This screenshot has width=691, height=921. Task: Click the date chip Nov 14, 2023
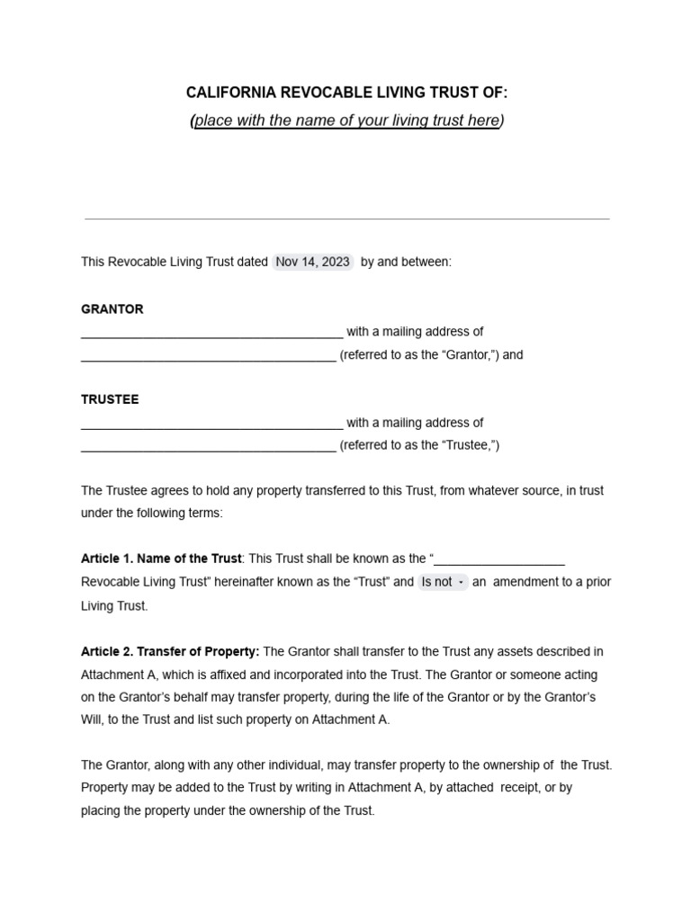click(312, 263)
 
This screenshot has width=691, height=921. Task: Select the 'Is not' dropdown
click(443, 582)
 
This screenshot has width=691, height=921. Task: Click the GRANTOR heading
click(112, 308)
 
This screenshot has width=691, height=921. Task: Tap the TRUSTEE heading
click(110, 399)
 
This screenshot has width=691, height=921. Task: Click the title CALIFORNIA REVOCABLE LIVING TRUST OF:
click(346, 93)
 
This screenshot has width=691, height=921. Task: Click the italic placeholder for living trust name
click(346, 121)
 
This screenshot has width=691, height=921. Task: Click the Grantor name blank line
click(211, 333)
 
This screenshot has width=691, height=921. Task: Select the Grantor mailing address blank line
click(208, 356)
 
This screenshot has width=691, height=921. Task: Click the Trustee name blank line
click(211, 424)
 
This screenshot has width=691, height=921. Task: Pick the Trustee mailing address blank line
click(208, 447)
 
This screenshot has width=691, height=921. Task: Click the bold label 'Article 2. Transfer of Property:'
click(170, 651)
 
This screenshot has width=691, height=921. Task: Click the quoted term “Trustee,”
click(470, 446)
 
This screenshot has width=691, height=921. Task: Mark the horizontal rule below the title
click(346, 219)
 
